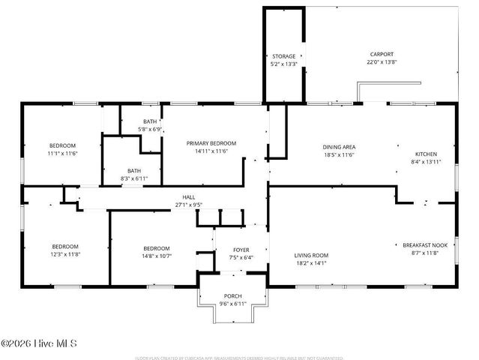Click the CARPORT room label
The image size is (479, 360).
coord(381,54)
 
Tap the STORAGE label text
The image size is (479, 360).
coord(283,56)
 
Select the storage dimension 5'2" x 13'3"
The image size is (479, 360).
coord(283,64)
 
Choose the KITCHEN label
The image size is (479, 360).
coord(426,154)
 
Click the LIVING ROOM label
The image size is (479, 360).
coord(310,256)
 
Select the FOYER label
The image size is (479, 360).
coord(241,250)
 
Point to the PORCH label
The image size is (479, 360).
coord(232,295)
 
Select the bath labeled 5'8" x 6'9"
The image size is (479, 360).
coord(150,125)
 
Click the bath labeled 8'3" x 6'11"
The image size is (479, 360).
coord(133,174)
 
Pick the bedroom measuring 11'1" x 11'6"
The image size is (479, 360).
coord(62,149)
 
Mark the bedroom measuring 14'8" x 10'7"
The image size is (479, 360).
coord(157,252)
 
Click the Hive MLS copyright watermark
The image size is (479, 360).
coord(39,344)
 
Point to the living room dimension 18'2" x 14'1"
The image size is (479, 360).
coord(310,263)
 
